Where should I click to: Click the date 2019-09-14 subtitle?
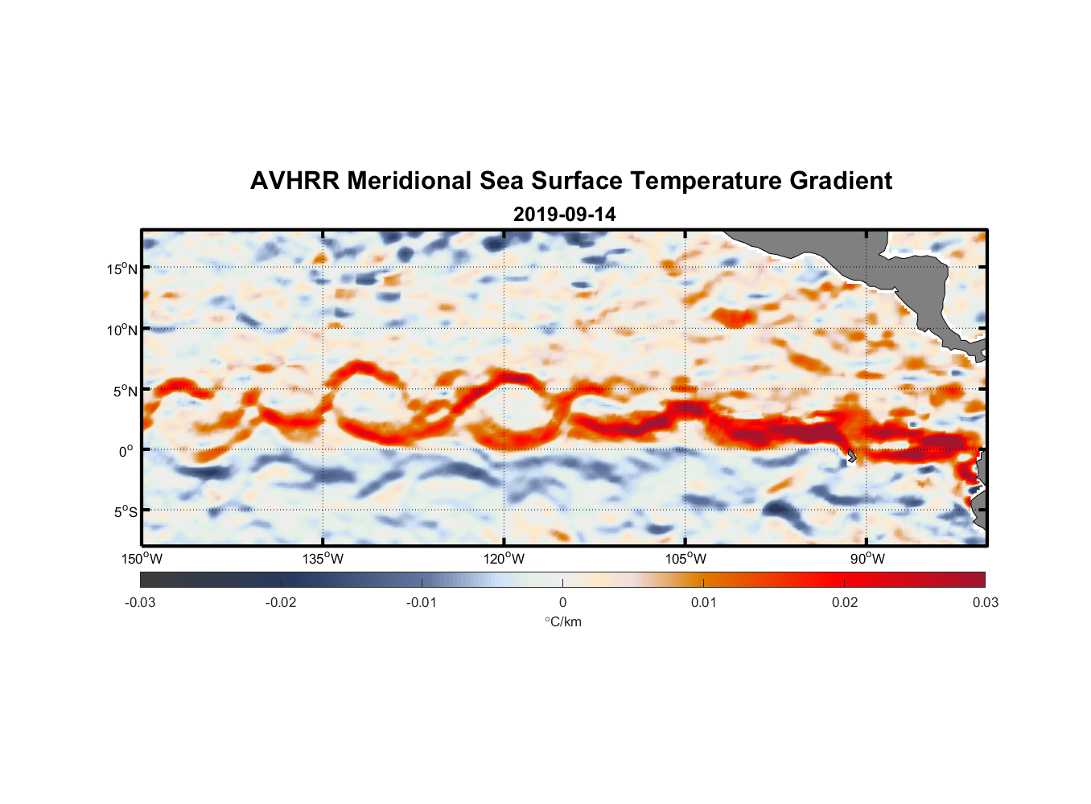tap(564, 215)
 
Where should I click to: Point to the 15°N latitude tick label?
tap(121, 269)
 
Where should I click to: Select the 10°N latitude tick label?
tap(121, 330)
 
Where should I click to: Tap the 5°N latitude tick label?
tap(124, 391)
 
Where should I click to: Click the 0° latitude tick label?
tap(126, 452)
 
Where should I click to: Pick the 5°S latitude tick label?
tap(124, 512)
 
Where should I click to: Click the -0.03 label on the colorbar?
tap(140, 603)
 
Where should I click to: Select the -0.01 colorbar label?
tap(422, 603)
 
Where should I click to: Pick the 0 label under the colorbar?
tap(562, 603)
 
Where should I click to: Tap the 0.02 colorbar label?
tap(845, 603)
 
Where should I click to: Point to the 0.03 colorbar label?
tap(985, 603)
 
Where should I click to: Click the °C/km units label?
tap(562, 621)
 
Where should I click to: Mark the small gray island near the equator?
tap(851, 456)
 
